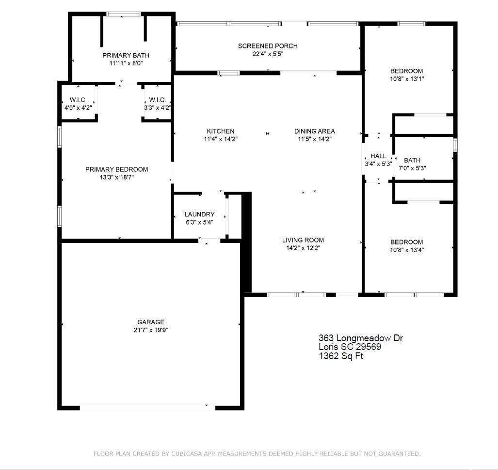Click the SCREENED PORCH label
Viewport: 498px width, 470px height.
point(268,46)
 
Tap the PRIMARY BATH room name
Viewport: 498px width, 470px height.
point(126,56)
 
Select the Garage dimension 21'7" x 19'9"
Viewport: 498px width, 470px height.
point(151,330)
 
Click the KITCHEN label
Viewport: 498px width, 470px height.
point(221,131)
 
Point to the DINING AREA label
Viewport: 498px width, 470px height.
point(314,131)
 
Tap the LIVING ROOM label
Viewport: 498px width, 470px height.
point(303,240)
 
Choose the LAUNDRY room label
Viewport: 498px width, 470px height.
point(199,214)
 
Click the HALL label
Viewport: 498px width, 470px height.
point(378,156)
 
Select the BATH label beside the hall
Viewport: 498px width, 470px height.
point(412,160)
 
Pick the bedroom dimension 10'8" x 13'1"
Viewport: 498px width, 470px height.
point(407,79)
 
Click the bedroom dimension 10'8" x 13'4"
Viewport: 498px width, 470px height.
point(407,250)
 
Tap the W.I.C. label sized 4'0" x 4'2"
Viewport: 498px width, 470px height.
point(78,100)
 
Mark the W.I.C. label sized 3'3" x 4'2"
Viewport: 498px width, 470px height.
point(158,100)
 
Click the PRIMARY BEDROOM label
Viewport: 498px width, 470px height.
point(116,169)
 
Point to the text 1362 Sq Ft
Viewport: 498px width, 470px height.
point(341,356)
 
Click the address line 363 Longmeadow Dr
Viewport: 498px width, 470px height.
point(361,338)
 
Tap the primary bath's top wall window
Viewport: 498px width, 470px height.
point(124,14)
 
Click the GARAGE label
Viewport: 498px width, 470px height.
point(151,322)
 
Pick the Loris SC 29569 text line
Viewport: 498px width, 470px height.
point(350,347)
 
